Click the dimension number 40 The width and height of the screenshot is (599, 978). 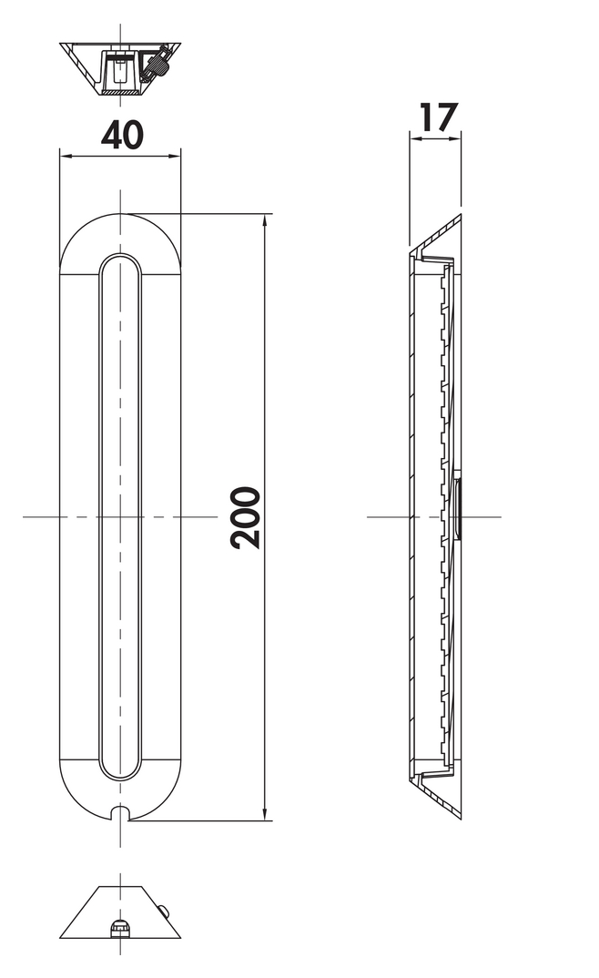122,135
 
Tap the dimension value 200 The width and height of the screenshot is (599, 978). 245,518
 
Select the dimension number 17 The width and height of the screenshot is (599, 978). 439,117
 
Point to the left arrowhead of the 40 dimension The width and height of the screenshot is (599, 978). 65,156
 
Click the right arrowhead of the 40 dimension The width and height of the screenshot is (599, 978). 175,156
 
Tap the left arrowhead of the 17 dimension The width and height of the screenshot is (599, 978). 414,139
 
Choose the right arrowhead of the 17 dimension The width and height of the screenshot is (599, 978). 456,139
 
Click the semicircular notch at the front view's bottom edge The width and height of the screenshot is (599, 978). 120,812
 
